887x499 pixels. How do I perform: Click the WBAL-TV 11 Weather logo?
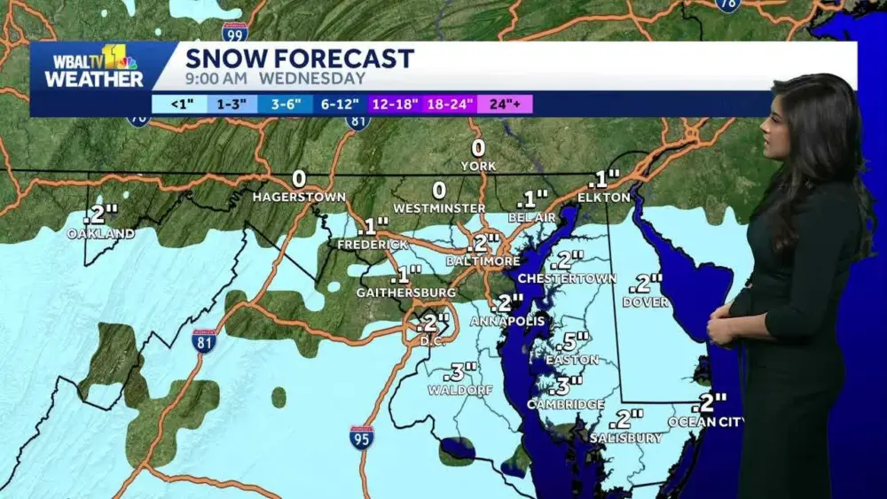tap(94, 66)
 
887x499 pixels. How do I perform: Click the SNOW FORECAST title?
tap(300, 58)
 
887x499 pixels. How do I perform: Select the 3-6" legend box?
tap(286, 104)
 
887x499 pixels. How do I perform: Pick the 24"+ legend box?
tap(506, 104)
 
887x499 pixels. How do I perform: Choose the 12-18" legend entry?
tap(396, 104)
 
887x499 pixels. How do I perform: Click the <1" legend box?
tap(179, 104)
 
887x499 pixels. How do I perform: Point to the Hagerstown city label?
tap(299, 197)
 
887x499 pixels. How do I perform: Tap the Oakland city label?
tap(101, 234)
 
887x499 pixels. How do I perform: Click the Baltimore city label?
tap(483, 261)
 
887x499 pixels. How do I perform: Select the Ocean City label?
tap(706, 422)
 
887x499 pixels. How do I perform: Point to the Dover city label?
tap(645, 302)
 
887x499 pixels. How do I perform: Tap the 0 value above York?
tap(478, 148)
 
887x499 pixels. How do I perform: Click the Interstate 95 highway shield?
tap(361, 436)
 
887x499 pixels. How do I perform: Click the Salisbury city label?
tap(625, 438)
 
